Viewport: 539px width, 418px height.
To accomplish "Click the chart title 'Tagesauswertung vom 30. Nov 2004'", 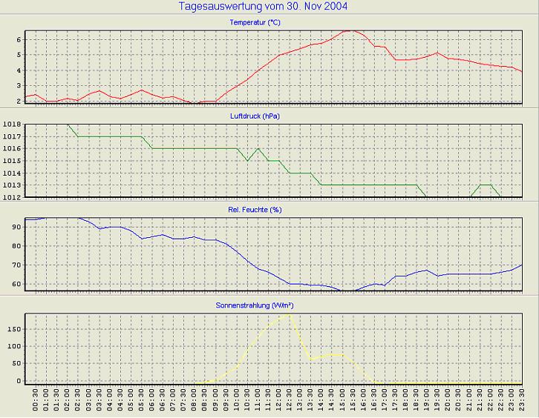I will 264,7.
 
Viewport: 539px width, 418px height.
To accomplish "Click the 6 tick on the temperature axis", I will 19,39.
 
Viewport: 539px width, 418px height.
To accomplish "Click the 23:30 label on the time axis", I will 521,405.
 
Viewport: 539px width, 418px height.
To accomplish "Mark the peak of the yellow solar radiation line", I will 288,314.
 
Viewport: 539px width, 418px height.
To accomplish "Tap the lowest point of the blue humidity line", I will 346,291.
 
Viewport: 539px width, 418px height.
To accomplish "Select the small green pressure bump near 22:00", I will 486,185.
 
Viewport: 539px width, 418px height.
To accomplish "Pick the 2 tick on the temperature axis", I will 19,101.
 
